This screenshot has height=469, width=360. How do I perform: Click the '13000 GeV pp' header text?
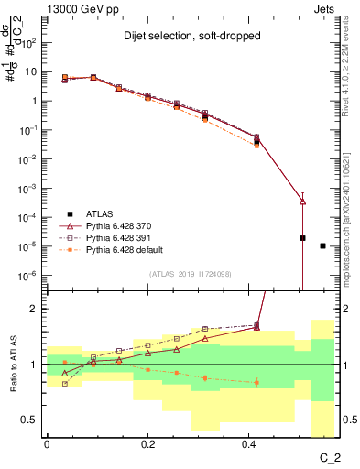tap(78, 8)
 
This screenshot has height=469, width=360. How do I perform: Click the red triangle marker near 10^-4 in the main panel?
tap(302, 201)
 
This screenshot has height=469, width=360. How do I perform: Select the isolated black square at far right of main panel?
tap(322, 245)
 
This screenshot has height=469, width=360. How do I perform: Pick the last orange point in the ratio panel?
tap(256, 382)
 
